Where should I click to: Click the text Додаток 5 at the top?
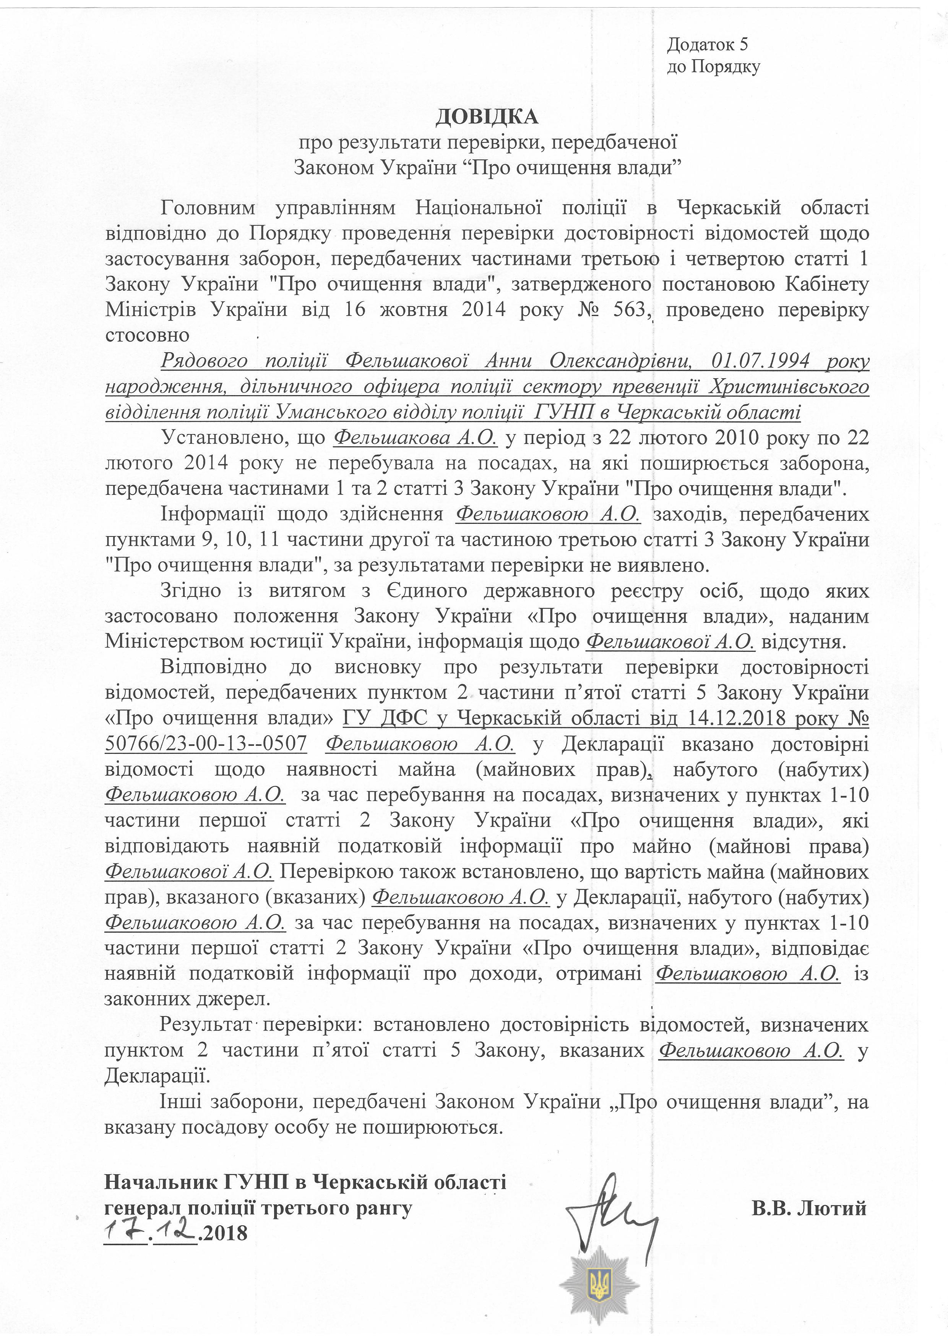coord(708,44)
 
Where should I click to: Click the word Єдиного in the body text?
coord(427,591)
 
